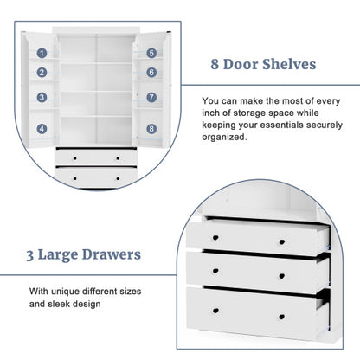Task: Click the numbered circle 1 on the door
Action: point(42,53)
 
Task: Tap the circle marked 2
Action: point(42,74)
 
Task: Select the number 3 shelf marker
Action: point(42,97)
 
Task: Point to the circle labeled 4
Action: point(42,128)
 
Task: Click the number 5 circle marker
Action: point(151,53)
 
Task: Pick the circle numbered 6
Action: point(151,74)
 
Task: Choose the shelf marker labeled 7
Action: point(151,97)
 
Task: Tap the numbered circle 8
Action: point(151,128)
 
